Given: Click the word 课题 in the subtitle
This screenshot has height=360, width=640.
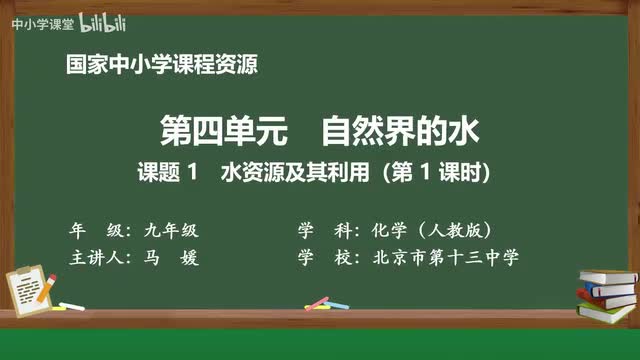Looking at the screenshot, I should [156, 173].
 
